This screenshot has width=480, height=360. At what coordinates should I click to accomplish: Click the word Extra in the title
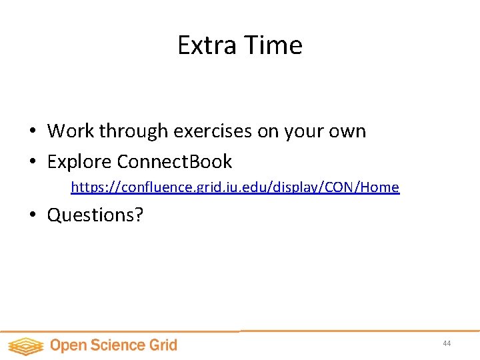198,45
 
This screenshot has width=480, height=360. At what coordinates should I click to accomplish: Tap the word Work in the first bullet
71,131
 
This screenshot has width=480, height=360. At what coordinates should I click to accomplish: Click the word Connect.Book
175,161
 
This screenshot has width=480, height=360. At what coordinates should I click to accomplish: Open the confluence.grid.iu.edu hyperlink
235,187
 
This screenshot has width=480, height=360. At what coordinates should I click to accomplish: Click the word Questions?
95,215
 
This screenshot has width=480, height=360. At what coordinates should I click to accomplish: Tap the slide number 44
447,343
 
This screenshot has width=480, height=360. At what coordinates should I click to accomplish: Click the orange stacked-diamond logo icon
25,345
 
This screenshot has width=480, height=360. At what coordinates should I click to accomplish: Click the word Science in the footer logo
120,345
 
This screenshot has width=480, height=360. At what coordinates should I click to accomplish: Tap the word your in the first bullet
303,132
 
